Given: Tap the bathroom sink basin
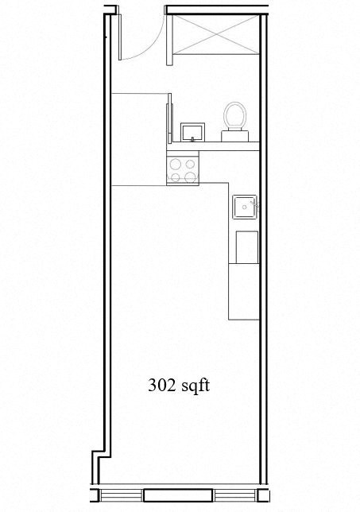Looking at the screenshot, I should point(192,131).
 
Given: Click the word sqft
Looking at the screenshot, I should point(195,386).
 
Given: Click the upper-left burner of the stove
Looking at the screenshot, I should point(176,163).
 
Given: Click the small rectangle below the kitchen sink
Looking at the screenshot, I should point(246,246).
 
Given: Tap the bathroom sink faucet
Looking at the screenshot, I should point(192,140).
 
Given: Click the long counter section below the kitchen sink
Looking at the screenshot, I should point(244,292).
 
